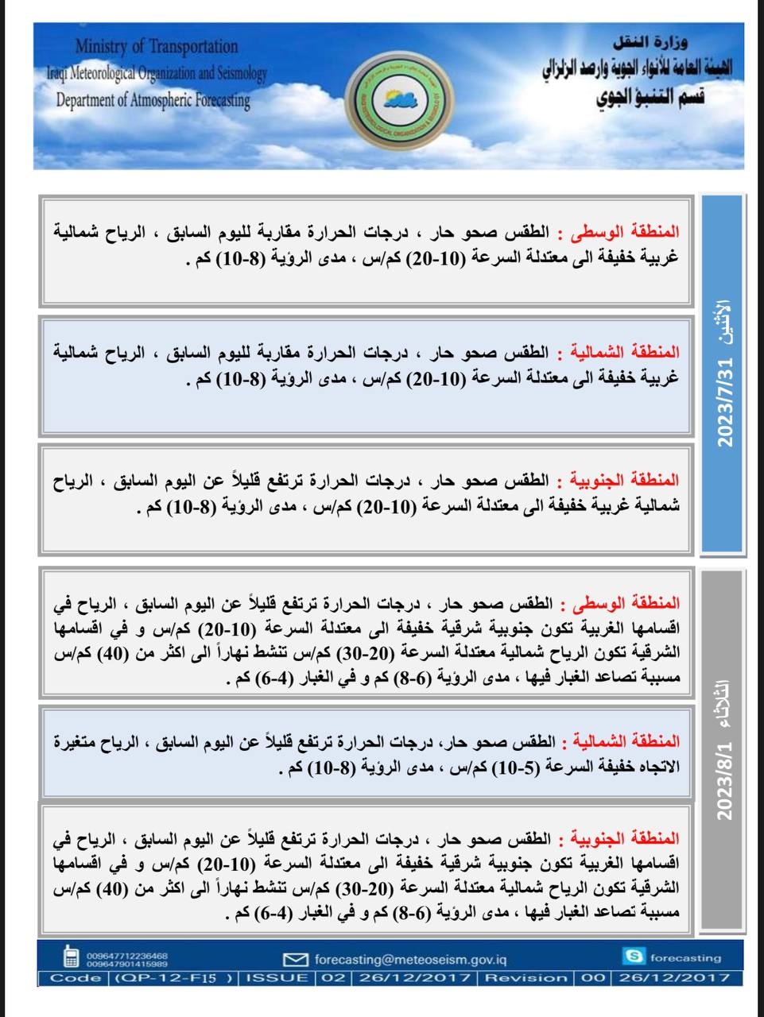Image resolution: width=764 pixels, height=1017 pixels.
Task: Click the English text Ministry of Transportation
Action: pos(157,47)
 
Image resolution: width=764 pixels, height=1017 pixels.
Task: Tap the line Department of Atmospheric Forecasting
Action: pos(153,101)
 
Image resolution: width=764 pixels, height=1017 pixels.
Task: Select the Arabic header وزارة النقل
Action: pos(651,41)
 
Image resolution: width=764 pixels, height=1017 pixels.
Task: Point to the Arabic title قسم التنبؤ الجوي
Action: pos(650,97)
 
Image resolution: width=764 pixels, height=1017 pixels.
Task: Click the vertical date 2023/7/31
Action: pos(725,402)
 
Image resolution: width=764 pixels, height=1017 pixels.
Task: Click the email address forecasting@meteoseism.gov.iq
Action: pos(410,959)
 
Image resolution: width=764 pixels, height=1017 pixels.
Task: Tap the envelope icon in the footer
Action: pos(295,959)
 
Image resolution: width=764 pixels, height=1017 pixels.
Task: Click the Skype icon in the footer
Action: pos(634,957)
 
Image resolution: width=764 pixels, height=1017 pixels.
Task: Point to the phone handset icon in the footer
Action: pos(71,957)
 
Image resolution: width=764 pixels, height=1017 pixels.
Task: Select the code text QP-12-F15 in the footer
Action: pos(174,978)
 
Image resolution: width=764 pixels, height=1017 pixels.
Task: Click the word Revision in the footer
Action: pos(526,978)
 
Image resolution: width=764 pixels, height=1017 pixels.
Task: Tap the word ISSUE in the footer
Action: pos(277,978)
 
